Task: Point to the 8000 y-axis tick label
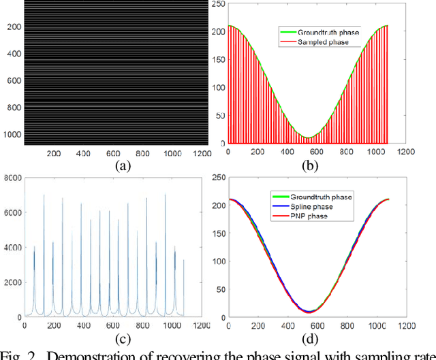click(12, 178)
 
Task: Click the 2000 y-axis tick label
click(12, 282)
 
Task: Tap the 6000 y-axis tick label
click(12, 213)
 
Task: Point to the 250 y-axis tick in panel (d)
click(217, 178)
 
